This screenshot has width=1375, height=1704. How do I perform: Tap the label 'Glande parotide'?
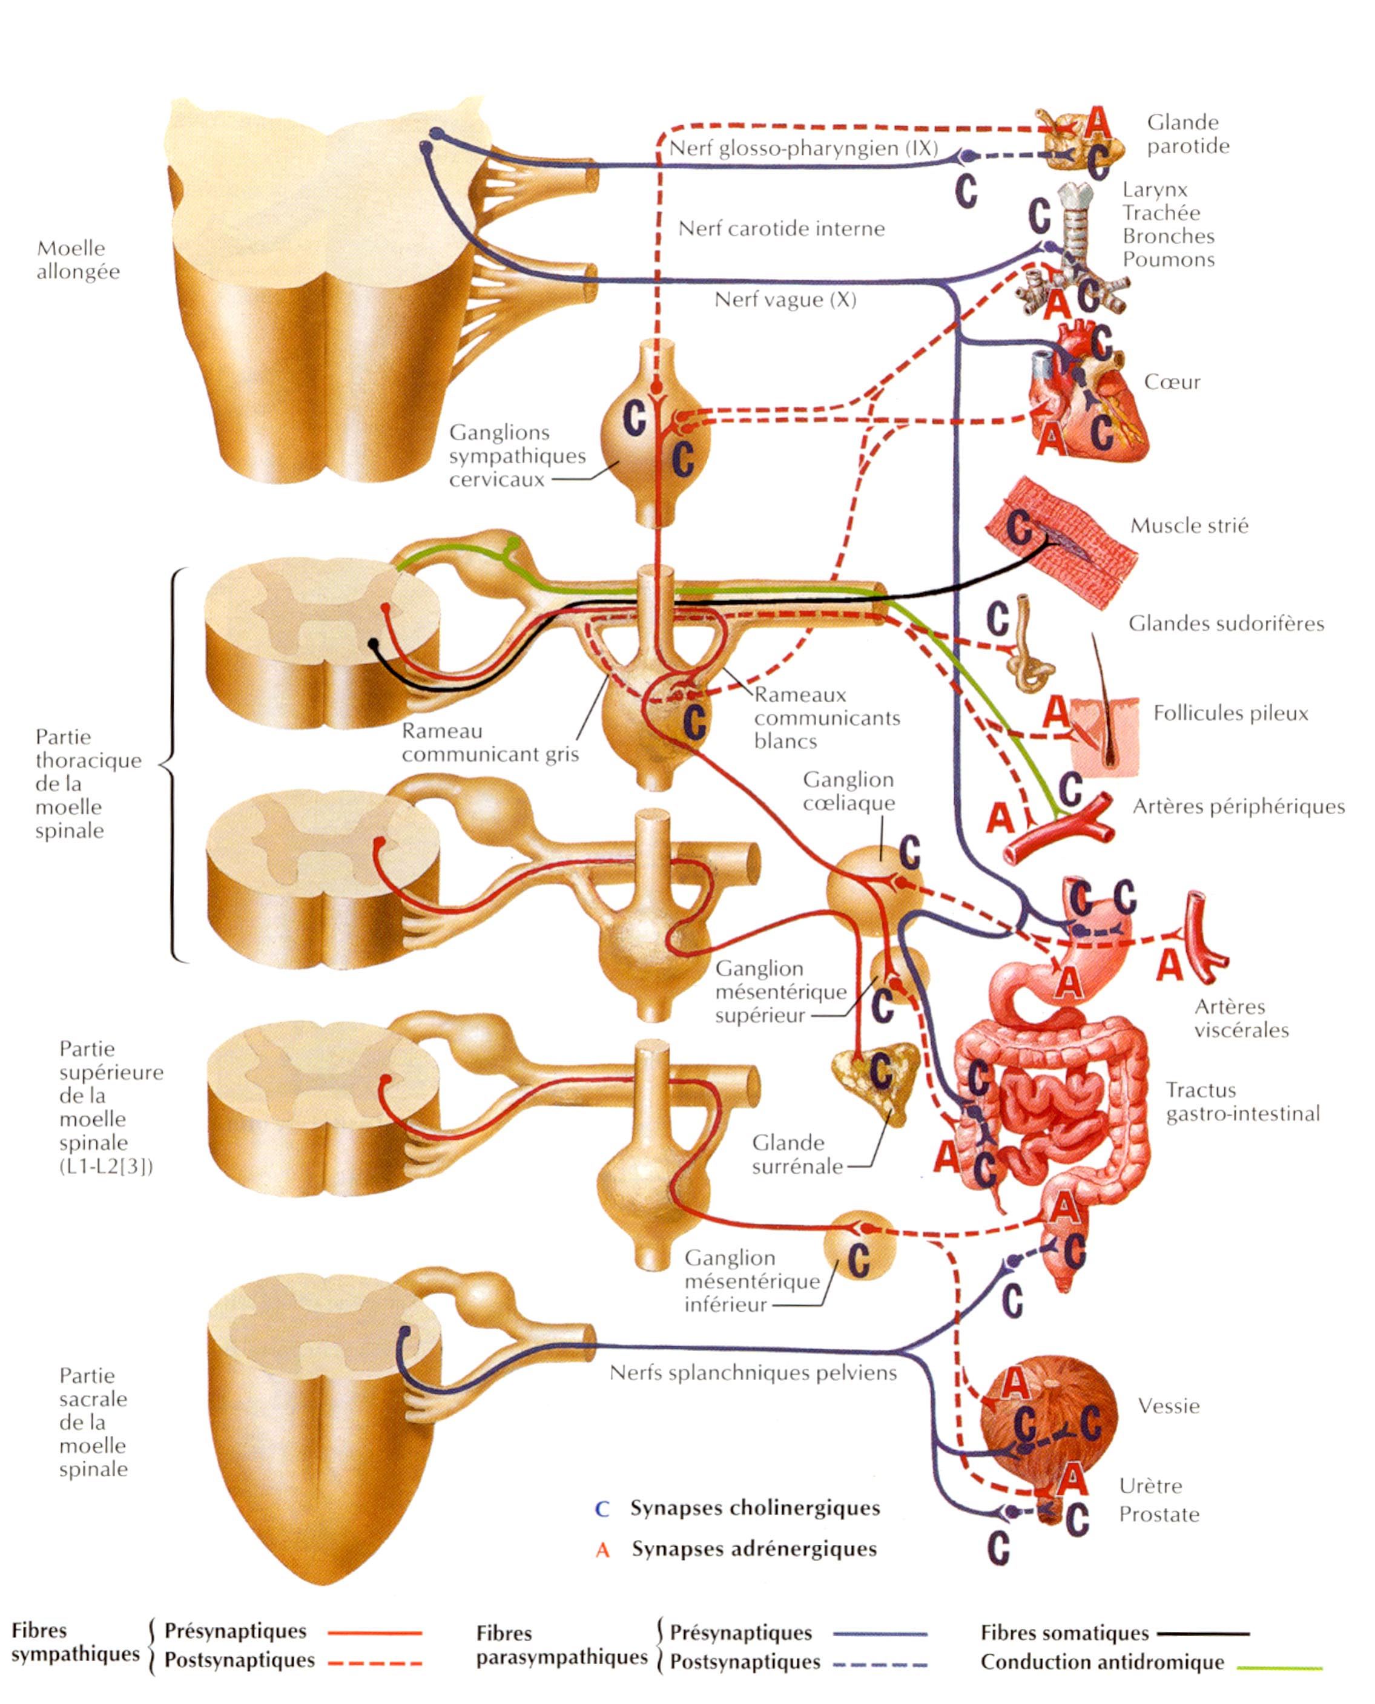[1187, 134]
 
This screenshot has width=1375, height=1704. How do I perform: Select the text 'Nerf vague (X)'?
[785, 300]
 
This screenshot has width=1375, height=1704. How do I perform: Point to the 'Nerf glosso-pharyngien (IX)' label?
[803, 148]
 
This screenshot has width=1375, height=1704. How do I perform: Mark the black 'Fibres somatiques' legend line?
[1202, 1633]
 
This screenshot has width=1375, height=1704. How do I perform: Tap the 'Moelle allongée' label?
[77, 260]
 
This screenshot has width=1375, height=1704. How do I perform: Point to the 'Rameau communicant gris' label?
[489, 742]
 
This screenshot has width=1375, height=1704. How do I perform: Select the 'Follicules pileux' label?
[1230, 714]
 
